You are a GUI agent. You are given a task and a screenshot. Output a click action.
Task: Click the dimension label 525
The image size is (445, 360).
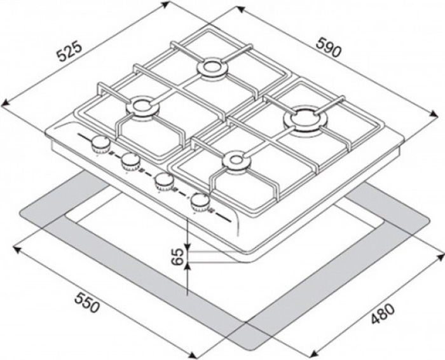70,52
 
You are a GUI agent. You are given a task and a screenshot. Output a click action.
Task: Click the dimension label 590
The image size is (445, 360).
329,48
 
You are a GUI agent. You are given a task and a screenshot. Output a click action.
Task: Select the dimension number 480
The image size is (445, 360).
383,314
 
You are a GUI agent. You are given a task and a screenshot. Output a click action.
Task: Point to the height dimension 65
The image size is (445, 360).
178,257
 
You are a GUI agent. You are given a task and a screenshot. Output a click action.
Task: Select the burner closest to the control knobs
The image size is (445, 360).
142,107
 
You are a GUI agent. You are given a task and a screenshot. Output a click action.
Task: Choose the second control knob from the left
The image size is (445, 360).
130,162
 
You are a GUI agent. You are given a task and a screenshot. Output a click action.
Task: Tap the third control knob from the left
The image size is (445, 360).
164,181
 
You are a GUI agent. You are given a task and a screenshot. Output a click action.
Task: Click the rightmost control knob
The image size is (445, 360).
200,201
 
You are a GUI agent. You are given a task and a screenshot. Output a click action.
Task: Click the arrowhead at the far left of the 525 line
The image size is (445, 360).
6,104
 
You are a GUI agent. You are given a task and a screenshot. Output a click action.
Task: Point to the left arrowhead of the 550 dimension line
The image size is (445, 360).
17,249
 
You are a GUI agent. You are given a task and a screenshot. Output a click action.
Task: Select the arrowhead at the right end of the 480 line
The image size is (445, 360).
439,257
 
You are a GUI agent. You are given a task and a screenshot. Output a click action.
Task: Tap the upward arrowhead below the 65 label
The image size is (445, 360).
188,266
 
